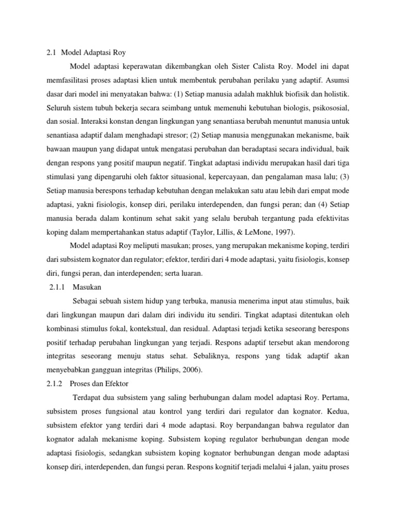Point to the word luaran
point(191,274)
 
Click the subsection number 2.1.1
point(53,287)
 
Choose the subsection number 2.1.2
point(52,384)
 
